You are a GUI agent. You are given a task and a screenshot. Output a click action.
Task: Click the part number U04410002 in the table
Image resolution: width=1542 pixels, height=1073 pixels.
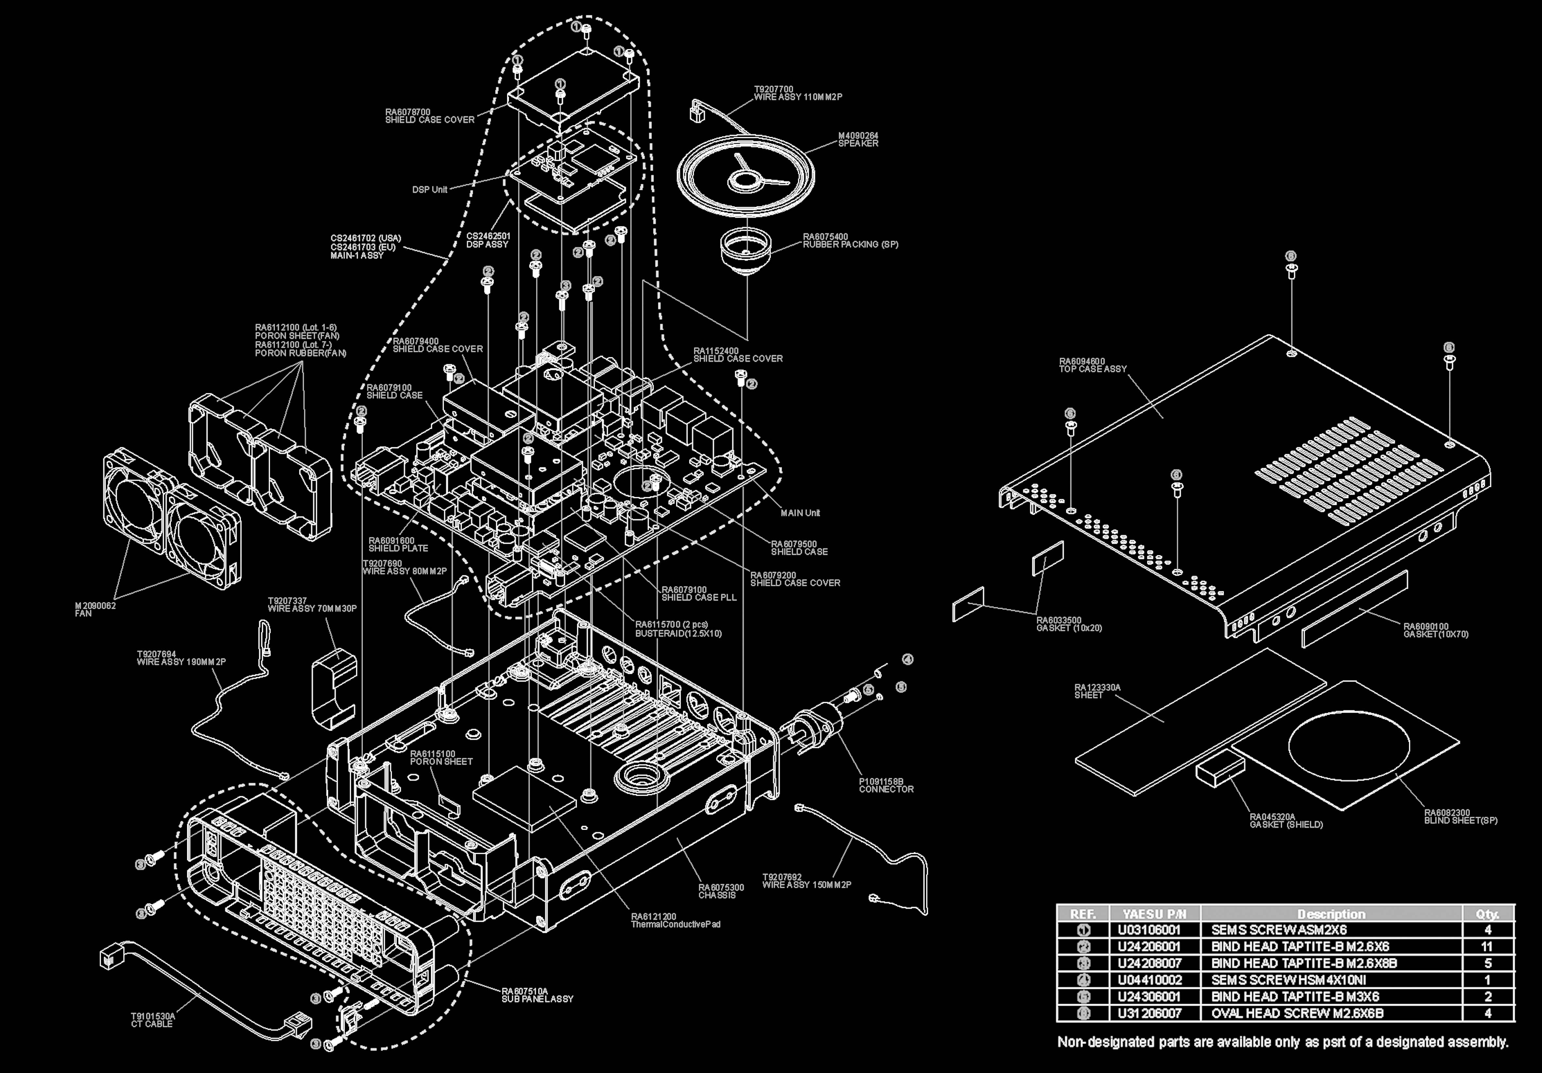coord(1150,980)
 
